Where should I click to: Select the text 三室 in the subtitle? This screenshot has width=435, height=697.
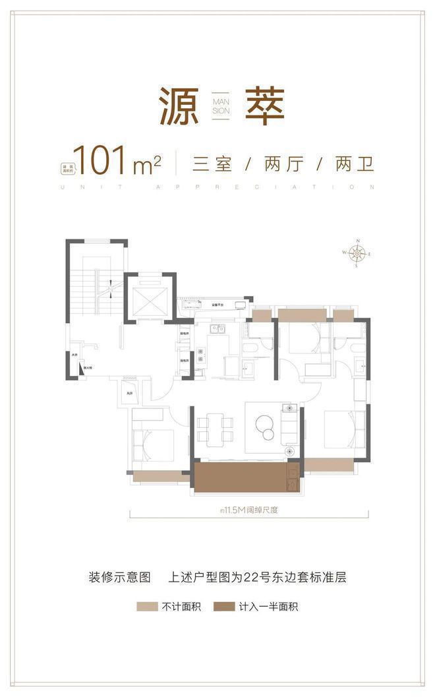pyautogui.click(x=212, y=164)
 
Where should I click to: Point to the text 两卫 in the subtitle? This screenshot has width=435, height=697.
pyautogui.click(x=355, y=164)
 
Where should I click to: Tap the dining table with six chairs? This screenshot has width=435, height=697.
pyautogui.click(x=216, y=428)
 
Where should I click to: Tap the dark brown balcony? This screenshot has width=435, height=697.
pyautogui.click(x=241, y=477)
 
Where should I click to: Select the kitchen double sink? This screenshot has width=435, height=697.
pyautogui.click(x=217, y=328)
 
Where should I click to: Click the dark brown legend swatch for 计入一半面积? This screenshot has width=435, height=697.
pyautogui.click(x=224, y=606)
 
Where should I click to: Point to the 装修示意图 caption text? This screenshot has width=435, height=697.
pyautogui.click(x=120, y=577)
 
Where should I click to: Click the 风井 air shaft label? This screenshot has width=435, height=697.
pyautogui.click(x=130, y=394)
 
